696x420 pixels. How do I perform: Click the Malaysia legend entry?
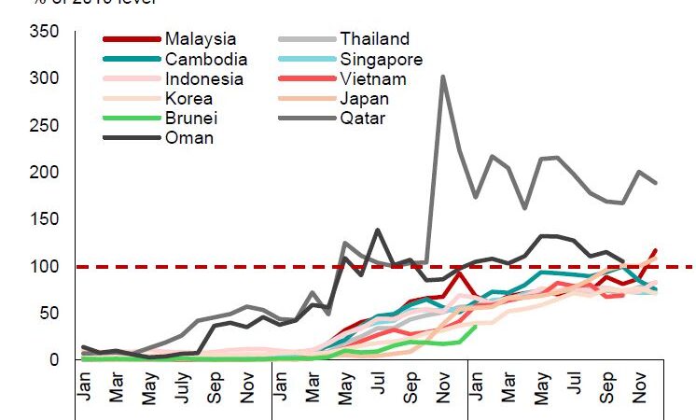[x=200, y=39]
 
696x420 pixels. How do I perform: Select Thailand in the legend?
[x=374, y=39]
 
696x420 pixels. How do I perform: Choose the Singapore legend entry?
[x=381, y=59]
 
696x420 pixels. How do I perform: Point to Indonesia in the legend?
[x=203, y=79]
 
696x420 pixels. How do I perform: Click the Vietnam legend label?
[x=370, y=79]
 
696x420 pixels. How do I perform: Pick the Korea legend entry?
[x=188, y=99]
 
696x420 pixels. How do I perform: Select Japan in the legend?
[x=365, y=99]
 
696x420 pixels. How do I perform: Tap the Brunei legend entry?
[x=190, y=119]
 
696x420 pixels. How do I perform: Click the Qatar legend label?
[x=363, y=119]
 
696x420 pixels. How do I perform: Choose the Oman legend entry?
[x=188, y=138]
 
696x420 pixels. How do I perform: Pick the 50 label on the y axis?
[x=50, y=313]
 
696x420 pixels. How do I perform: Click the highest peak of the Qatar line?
[x=442, y=77]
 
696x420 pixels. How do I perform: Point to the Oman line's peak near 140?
[x=377, y=230]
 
